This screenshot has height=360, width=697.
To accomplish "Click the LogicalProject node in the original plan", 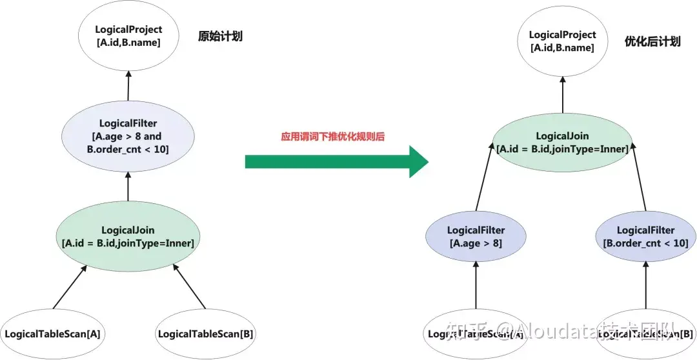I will point(128,36).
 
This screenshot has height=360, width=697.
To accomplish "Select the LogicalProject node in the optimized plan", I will point(562,41).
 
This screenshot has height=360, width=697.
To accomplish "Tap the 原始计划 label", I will point(220,36).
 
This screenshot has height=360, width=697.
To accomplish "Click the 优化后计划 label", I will point(652,41).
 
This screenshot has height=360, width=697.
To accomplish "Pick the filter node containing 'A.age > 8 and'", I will point(128,137).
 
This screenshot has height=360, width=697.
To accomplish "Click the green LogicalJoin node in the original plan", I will point(128,236).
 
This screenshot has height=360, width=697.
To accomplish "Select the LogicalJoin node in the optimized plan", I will point(562,143).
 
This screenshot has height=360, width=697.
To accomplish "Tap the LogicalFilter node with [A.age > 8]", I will point(476,237).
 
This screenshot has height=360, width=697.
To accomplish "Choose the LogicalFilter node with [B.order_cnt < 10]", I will point(645,237).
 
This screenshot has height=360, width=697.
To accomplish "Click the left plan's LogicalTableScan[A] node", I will point(53,334).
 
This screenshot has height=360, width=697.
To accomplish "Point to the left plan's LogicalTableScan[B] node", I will point(205,334).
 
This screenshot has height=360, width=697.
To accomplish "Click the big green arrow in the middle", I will point(336,161).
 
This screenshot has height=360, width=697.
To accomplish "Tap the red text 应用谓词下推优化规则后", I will point(333,137).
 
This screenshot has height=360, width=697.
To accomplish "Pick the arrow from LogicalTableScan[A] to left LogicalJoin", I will point(70,286).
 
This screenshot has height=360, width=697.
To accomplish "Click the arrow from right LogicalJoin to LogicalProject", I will point(562,97).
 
